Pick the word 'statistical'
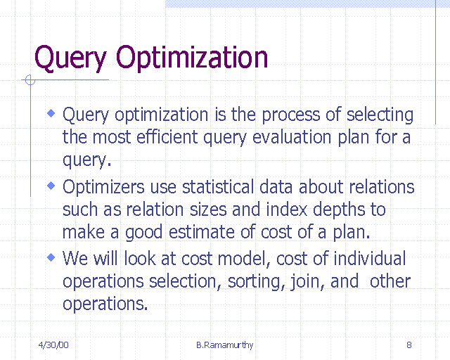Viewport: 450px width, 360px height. (x=216, y=187)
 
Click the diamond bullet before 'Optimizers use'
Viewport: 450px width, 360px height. (x=51, y=186)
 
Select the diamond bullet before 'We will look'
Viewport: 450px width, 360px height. (x=51, y=257)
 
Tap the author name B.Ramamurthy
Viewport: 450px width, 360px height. (x=224, y=345)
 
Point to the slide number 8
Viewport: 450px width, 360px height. (x=409, y=345)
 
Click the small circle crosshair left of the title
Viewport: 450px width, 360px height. (x=30, y=80)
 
